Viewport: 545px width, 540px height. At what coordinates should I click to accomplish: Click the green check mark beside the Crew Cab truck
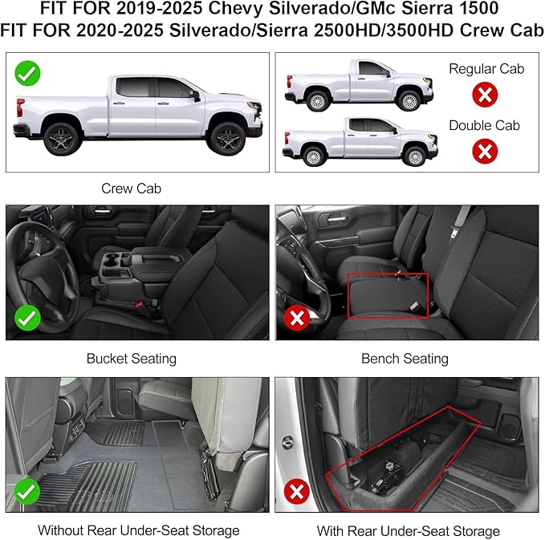coord(27,74)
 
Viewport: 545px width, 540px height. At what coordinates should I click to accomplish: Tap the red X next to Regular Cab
coord(484,95)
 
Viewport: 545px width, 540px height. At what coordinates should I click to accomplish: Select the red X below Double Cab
coord(484,150)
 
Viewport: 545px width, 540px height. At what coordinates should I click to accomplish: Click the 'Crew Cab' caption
coord(131,189)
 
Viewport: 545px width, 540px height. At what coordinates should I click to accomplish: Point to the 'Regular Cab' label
coord(486,69)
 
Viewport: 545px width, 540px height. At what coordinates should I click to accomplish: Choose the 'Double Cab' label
coord(484,125)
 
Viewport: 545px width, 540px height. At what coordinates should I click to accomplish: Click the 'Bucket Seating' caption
coord(132,359)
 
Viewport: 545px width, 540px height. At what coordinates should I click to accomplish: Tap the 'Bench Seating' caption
coord(405,359)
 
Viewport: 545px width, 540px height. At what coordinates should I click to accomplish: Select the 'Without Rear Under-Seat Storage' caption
coord(138,530)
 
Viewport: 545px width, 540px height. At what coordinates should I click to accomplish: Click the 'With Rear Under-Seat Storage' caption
coord(408,530)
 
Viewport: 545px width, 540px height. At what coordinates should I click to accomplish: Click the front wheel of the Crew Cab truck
coord(226,138)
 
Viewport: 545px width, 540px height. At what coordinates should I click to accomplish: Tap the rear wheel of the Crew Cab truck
coord(59,139)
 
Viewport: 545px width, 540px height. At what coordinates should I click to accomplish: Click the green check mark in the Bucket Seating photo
coord(28,319)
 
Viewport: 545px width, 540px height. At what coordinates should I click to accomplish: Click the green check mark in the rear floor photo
coord(28,489)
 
